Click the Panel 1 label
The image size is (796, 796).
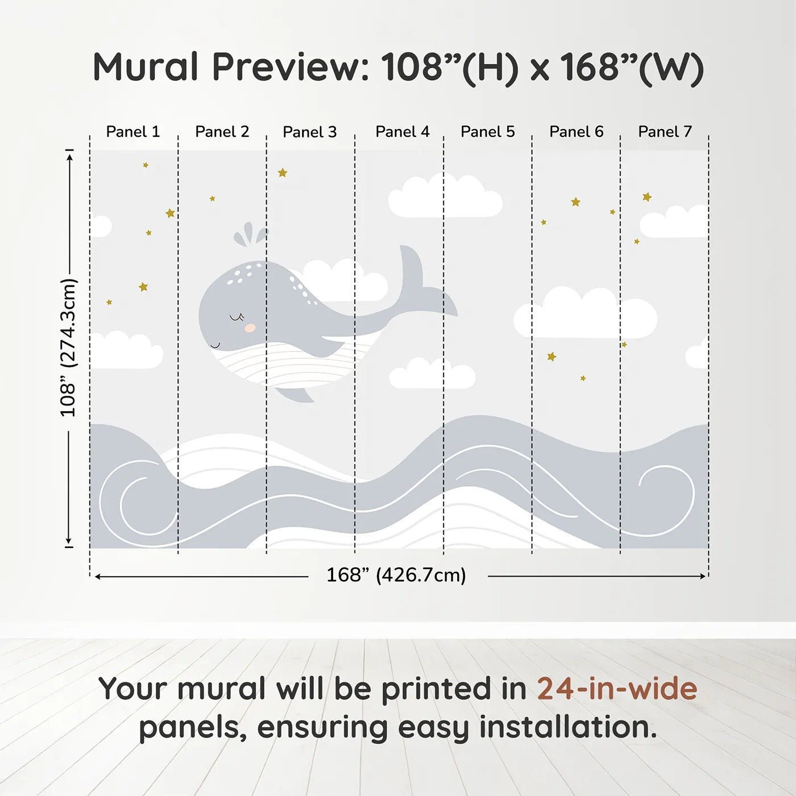(x=132, y=132)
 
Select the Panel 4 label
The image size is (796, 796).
(x=403, y=132)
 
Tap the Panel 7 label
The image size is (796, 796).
(x=665, y=132)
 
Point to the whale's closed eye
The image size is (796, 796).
(x=237, y=317)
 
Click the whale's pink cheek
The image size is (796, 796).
(x=250, y=327)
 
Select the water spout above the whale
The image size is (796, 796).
(x=250, y=234)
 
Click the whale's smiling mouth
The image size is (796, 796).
(x=215, y=345)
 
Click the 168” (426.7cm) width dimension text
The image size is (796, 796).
(x=396, y=575)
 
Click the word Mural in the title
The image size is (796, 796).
(x=146, y=67)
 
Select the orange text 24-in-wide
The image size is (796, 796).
(x=617, y=689)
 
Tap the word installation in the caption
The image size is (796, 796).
(x=568, y=727)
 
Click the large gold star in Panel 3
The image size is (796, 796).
(x=283, y=172)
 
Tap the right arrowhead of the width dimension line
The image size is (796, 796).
(x=703, y=576)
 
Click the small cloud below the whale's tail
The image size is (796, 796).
(x=432, y=374)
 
